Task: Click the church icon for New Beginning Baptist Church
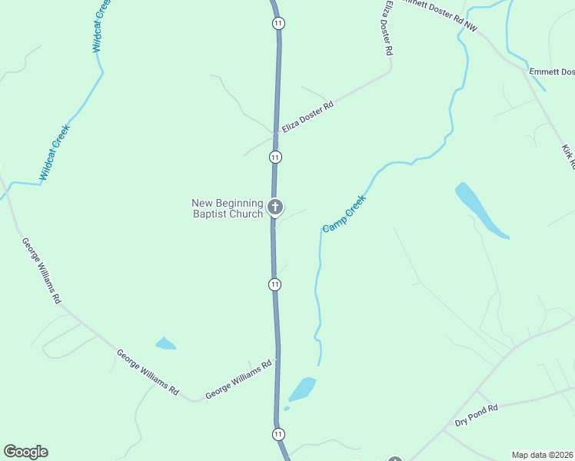[x=274, y=207]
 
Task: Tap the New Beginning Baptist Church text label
[x=228, y=208]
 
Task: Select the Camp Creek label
[x=344, y=214]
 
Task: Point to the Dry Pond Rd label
[x=477, y=416]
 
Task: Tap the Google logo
[x=25, y=452]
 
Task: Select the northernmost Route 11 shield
[x=278, y=23]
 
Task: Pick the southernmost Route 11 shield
[x=278, y=434]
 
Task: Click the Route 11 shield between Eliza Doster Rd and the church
[x=275, y=157]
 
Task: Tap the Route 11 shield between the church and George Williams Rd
[x=274, y=284]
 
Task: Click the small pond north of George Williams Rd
[x=165, y=343]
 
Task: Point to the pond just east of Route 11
[x=302, y=389]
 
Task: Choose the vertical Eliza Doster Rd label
[x=388, y=28]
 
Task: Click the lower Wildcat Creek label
[x=55, y=152]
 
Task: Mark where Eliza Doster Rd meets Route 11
[x=275, y=135]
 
